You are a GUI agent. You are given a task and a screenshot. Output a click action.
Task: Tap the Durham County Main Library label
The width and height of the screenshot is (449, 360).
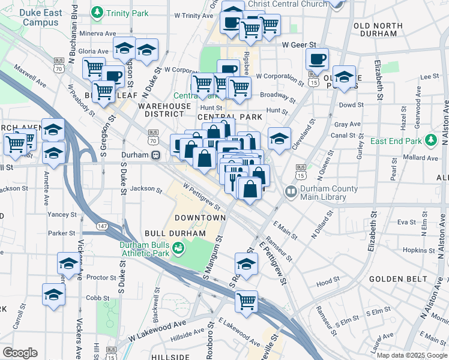point(329,193)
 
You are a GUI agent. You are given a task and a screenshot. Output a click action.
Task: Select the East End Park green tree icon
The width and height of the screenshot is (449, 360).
point(430,140)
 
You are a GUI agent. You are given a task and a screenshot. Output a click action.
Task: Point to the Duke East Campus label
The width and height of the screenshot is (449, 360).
point(41,17)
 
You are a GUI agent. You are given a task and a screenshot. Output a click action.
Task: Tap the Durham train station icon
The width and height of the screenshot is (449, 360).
point(156,155)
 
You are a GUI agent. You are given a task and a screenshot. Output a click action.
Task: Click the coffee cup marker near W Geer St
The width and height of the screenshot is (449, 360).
point(316,59)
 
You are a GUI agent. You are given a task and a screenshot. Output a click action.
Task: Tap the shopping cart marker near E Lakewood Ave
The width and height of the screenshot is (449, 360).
point(246,301)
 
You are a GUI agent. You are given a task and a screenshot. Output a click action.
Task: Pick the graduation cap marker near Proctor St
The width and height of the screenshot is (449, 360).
point(68,263)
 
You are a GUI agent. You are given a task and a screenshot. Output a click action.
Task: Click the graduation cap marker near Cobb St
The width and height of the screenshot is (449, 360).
point(54,295)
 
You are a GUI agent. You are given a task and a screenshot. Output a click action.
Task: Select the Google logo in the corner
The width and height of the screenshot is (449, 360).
point(20,352)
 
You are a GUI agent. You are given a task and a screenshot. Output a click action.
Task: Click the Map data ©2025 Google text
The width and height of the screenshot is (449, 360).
point(412,355)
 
